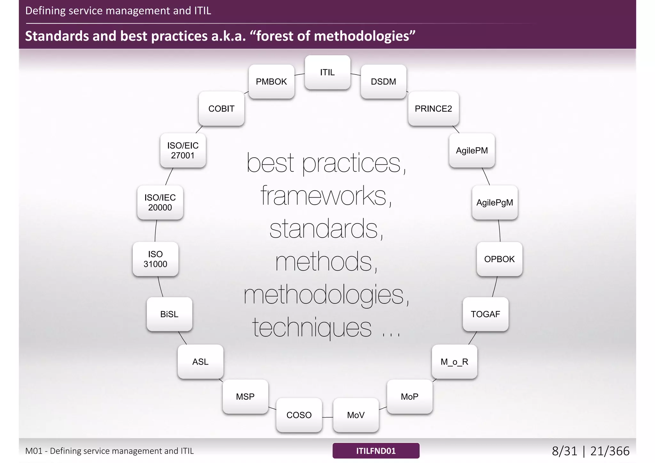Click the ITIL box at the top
pos(327,72)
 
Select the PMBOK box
pos(272,82)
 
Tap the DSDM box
pos(383,82)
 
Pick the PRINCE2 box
pos(433,109)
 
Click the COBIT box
pos(221,109)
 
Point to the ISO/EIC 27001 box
pos(183,150)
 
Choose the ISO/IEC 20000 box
pos(160,202)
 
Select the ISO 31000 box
pos(155,259)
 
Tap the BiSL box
pos(170,314)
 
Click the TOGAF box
pos(485,314)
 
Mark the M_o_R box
pos(454,362)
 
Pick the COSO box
pos(299,415)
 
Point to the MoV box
pos(356,415)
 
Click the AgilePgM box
pos(495,202)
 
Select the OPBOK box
pos(500,259)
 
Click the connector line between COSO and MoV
pos(327,417)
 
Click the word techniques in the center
pos(312,327)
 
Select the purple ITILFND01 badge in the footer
pos(376,451)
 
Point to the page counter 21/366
pos(610,451)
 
